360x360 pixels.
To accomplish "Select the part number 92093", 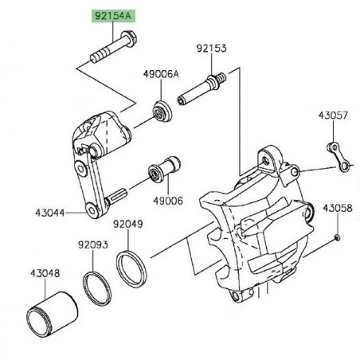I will click(x=92, y=245).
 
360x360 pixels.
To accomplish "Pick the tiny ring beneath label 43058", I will click(x=338, y=237).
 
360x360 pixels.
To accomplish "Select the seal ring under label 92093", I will click(x=96, y=288).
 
